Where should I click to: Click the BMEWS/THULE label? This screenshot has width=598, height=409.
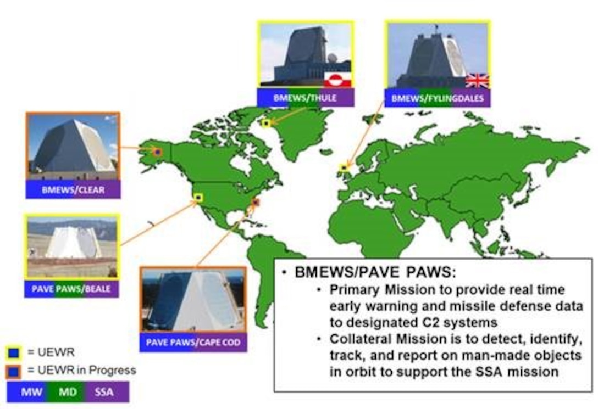click(305, 98)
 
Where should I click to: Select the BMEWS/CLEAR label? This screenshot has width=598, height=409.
click(73, 190)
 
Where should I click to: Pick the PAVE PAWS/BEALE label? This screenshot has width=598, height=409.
click(71, 288)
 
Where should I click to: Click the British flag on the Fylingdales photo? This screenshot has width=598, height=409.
click(477, 81)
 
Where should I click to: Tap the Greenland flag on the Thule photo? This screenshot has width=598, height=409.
click(333, 80)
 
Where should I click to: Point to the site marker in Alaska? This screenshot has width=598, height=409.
click(157, 152)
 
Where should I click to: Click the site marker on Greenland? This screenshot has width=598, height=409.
click(266, 124)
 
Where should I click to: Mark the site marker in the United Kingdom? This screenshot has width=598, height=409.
click(345, 167)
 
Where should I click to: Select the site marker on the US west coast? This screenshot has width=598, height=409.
click(198, 197)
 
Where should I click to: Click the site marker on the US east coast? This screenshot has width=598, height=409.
click(255, 203)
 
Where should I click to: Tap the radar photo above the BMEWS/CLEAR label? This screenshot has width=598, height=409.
click(73, 146)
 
